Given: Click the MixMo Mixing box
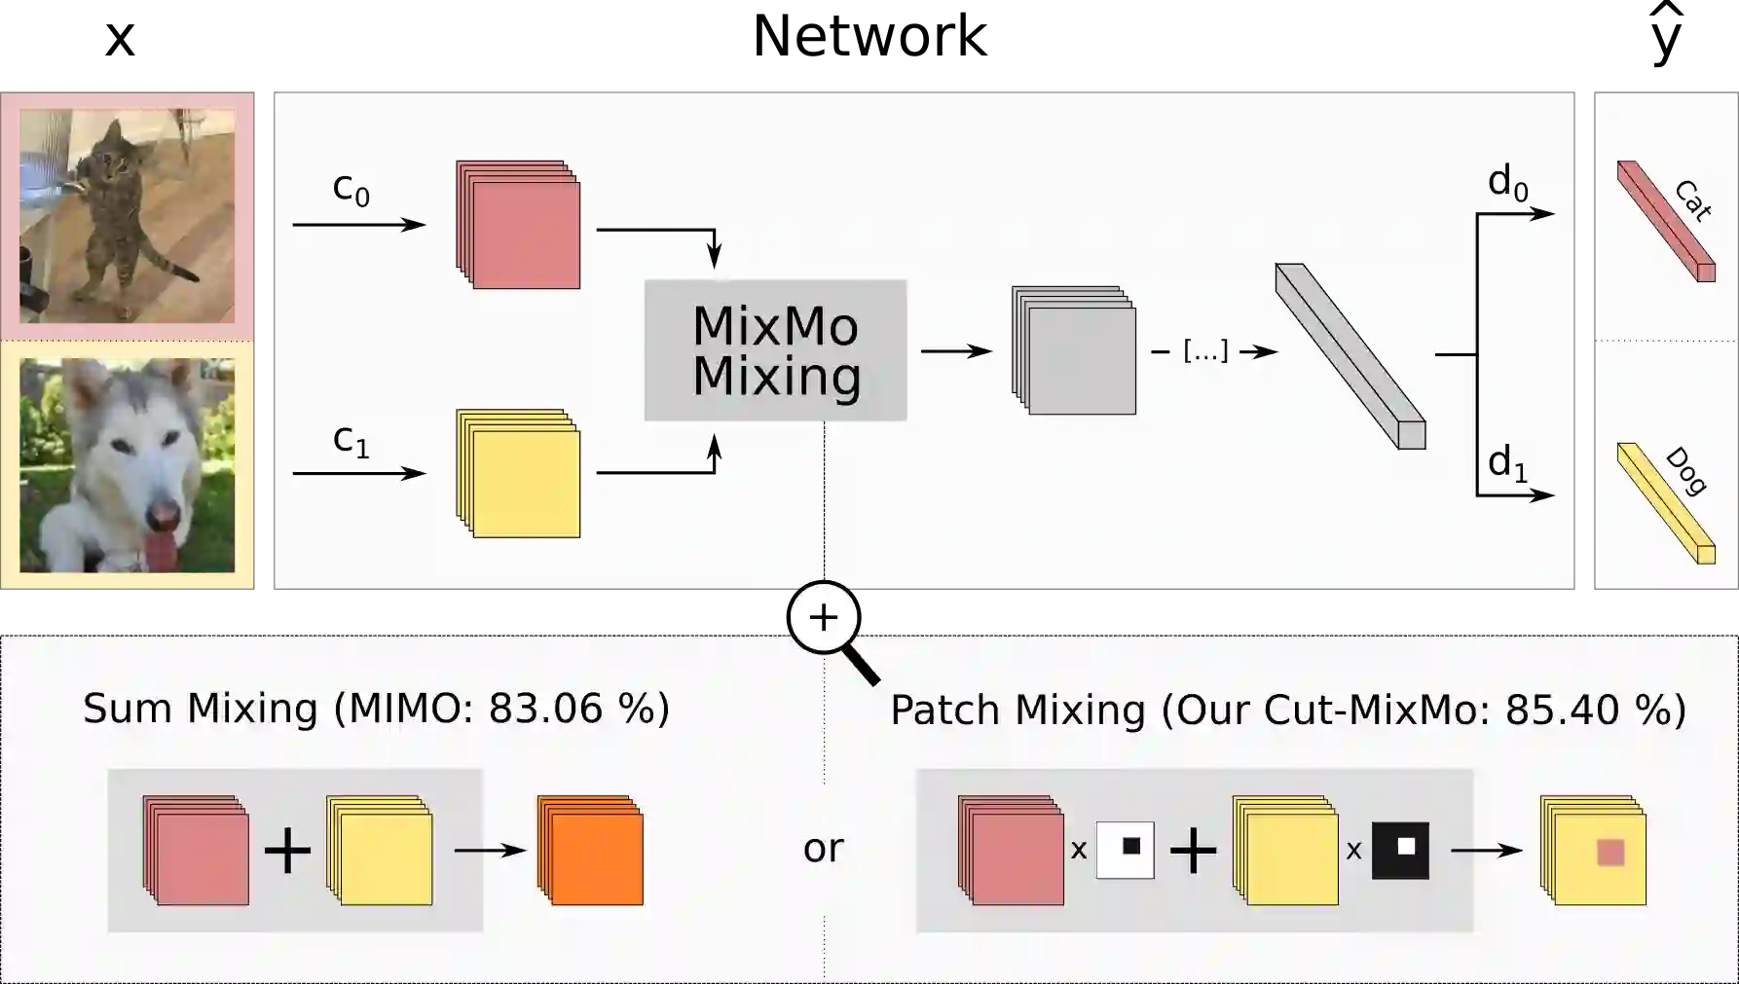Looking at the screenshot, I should click(775, 350).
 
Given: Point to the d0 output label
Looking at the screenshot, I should click(1507, 183).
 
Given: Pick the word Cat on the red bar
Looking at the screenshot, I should click(1693, 200).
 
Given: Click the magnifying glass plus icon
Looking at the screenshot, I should click(824, 617).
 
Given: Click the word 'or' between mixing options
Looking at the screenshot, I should click(823, 849).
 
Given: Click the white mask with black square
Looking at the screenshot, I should click(1126, 850).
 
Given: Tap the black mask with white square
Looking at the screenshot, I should click(1400, 850).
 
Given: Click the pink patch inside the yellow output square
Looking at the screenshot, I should click(1610, 854).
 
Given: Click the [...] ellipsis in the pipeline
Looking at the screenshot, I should click(1205, 350).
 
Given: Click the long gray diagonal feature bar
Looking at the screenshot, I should click(1350, 356).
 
